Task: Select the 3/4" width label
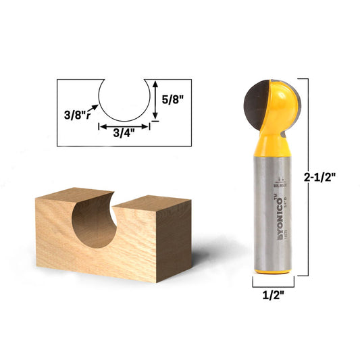(122, 132)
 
